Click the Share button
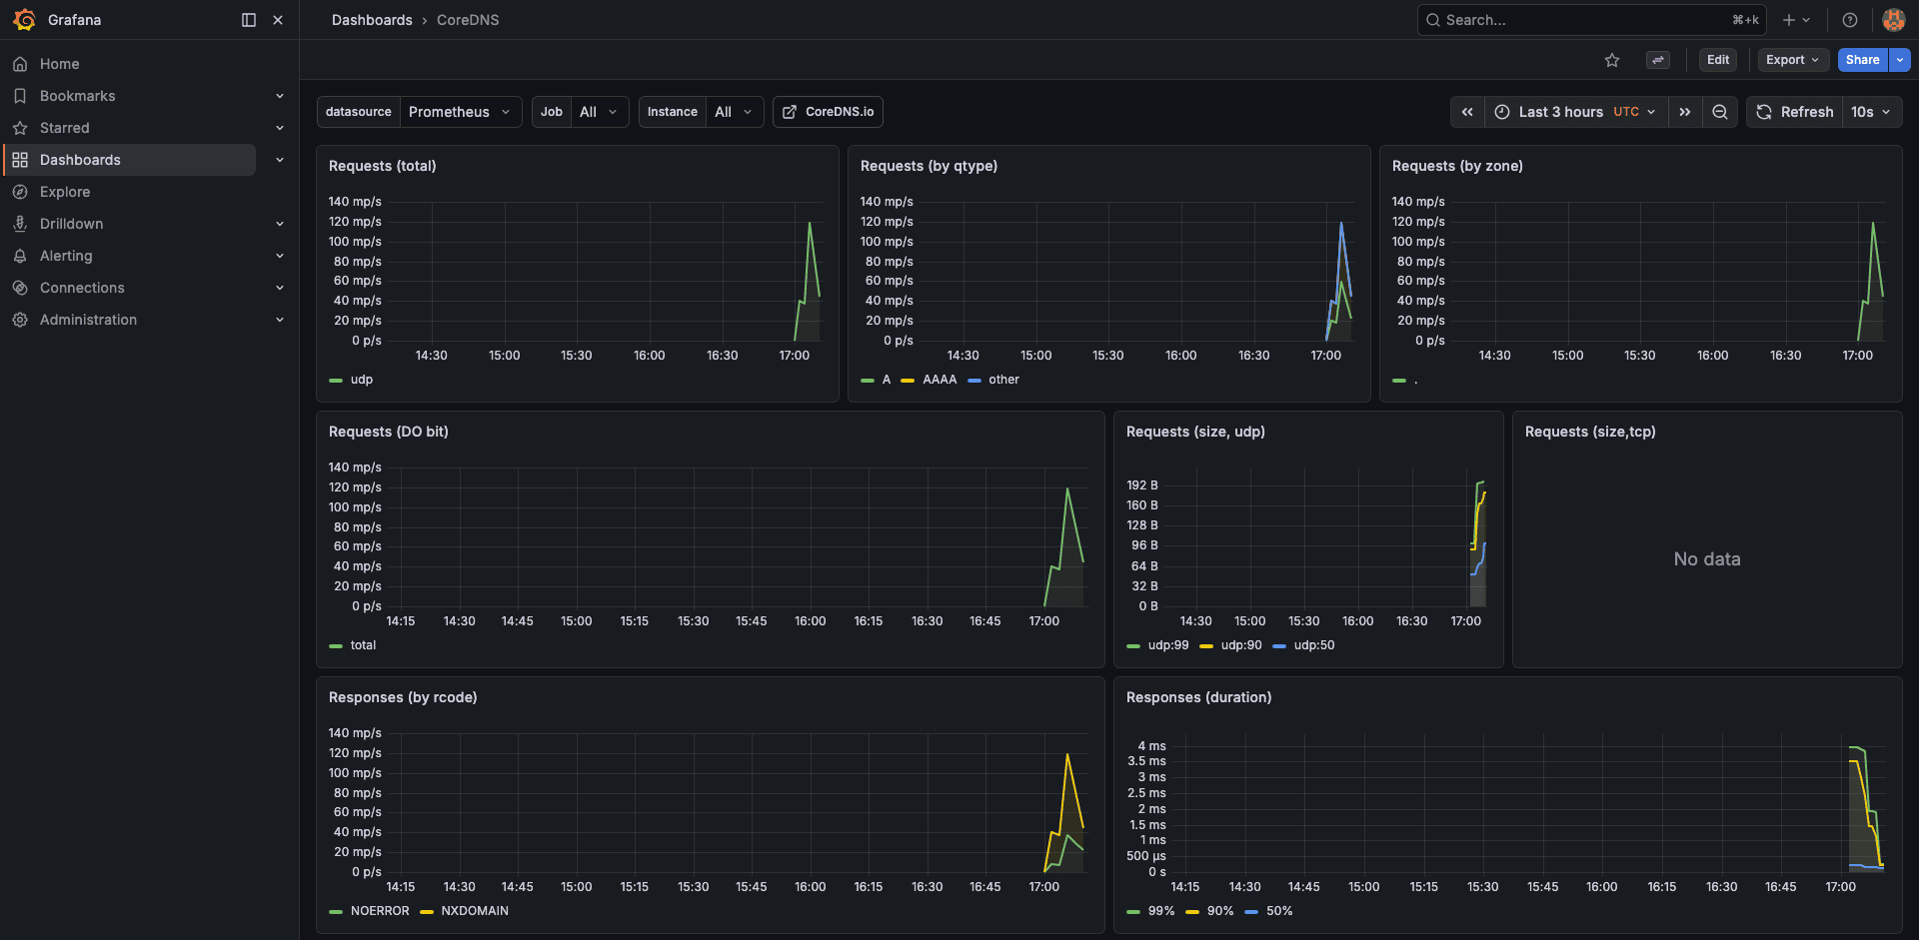[1862, 60]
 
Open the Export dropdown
[1792, 60]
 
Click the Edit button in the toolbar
[1717, 60]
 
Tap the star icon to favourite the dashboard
[1612, 60]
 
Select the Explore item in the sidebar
[65, 192]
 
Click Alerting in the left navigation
[66, 256]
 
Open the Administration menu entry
[88, 320]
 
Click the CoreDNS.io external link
[828, 112]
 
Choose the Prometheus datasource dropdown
[460, 112]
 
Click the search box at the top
[1589, 20]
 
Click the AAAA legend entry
[940, 380]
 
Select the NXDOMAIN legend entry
[475, 911]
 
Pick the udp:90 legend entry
[1241, 645]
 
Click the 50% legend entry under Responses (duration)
[1279, 911]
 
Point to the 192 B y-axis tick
[1142, 485]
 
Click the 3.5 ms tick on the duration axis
[1146, 761]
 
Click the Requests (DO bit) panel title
[389, 432]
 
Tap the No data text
[1707, 559]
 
